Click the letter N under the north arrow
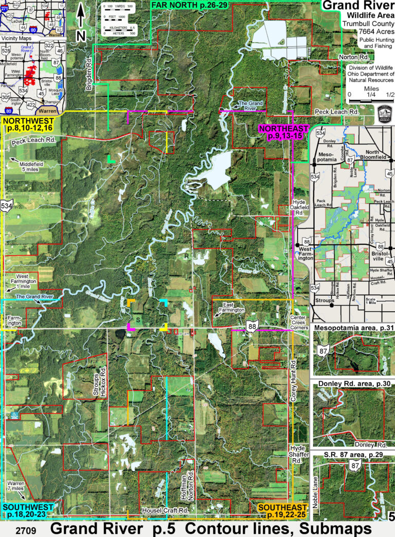81,35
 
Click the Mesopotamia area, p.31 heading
353,327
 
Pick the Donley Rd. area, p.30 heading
353,384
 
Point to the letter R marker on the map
186,255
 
